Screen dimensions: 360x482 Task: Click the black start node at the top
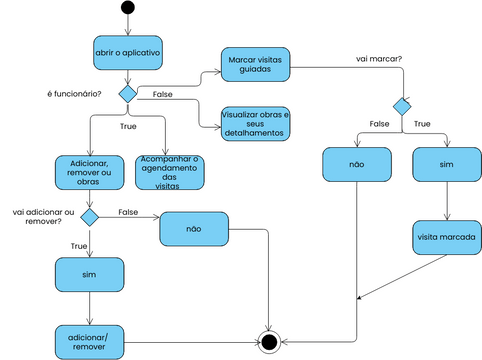(127, 9)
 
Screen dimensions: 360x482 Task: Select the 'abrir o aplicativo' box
(127, 52)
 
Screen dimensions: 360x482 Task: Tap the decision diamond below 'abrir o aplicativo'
(127, 93)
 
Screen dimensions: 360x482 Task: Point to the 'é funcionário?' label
(74, 93)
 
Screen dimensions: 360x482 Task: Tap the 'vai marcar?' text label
(379, 59)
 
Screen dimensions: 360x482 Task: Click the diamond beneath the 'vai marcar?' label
(401, 104)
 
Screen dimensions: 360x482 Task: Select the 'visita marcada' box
(447, 238)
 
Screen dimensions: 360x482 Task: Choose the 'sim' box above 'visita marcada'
(447, 164)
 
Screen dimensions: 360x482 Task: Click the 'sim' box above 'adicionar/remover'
(88, 273)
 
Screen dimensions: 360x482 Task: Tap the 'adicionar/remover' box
(88, 340)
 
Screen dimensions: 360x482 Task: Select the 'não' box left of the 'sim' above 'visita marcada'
(357, 164)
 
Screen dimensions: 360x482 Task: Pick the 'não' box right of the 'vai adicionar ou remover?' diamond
(194, 230)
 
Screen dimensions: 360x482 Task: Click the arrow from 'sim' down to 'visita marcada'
(447, 201)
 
